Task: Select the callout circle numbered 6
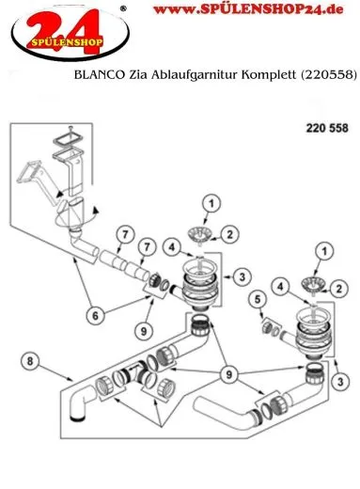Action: pyautogui.click(x=97, y=315)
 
